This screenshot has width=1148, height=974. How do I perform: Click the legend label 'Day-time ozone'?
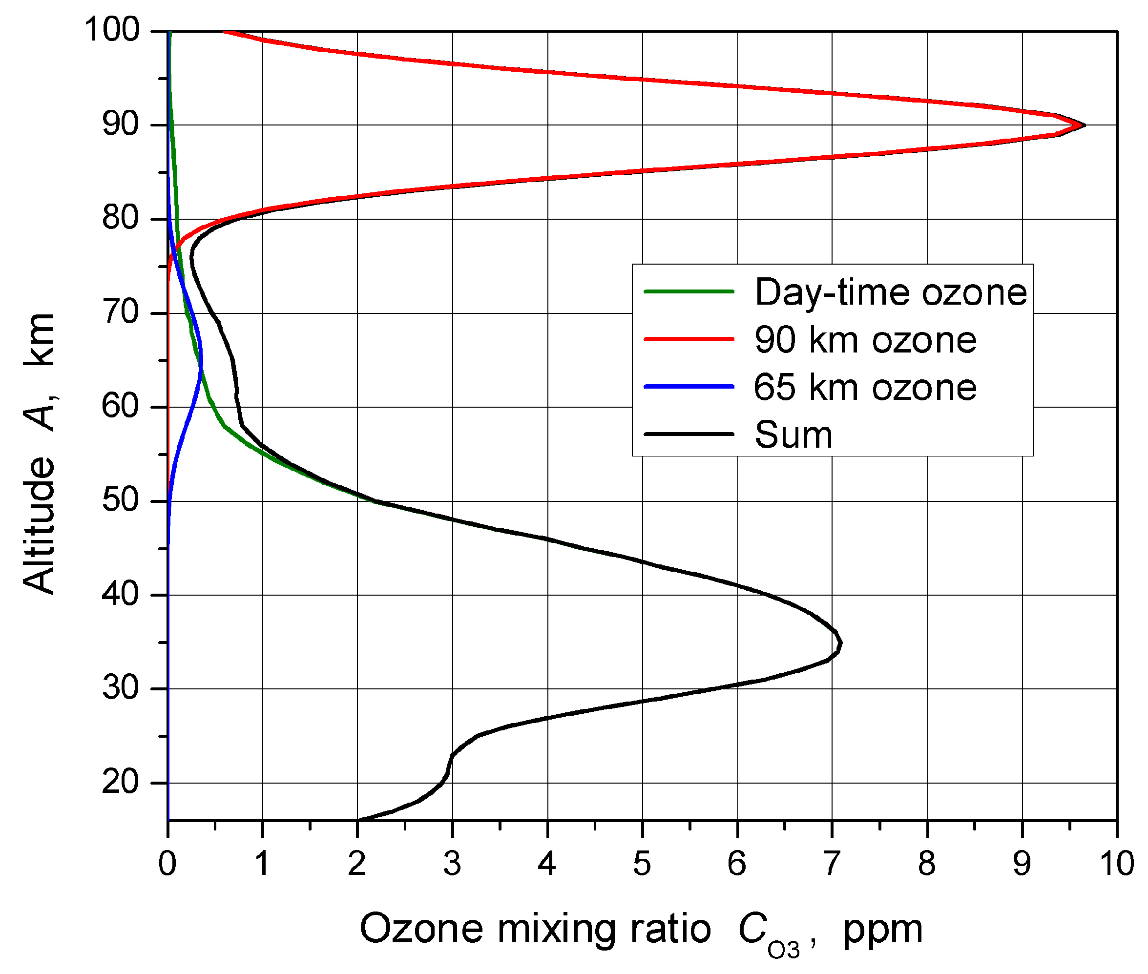(890, 292)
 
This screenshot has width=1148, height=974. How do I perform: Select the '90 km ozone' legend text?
(865, 340)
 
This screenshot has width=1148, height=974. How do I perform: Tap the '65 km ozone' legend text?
(865, 387)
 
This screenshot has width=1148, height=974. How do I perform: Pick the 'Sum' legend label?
(793, 435)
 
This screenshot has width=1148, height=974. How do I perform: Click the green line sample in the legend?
(689, 291)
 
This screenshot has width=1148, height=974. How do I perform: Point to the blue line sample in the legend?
(689, 387)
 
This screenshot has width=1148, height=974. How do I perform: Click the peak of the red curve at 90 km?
(1084, 125)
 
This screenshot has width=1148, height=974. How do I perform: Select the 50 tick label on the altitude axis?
(121, 501)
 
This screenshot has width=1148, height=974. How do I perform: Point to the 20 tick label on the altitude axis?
(121, 783)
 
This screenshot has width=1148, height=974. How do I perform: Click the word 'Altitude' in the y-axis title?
(40, 524)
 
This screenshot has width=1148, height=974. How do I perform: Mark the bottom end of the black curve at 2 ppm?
(359, 820)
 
